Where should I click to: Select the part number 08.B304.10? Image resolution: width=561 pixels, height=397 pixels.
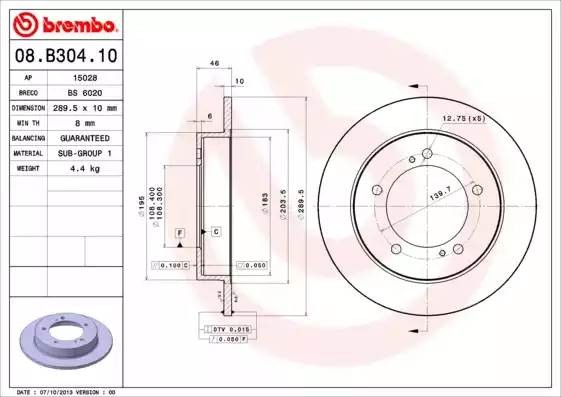[x=66, y=57]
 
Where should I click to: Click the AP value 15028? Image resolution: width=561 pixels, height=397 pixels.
[x=85, y=76]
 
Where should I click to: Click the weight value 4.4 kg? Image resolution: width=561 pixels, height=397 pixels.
[x=86, y=168]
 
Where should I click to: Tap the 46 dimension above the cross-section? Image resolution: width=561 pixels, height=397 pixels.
[x=215, y=63]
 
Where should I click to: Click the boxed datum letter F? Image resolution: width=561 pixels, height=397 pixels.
[x=180, y=232]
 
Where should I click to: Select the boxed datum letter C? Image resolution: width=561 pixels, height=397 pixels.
[x=216, y=232]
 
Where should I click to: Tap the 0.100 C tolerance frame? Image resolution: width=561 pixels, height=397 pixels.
[x=169, y=265]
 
